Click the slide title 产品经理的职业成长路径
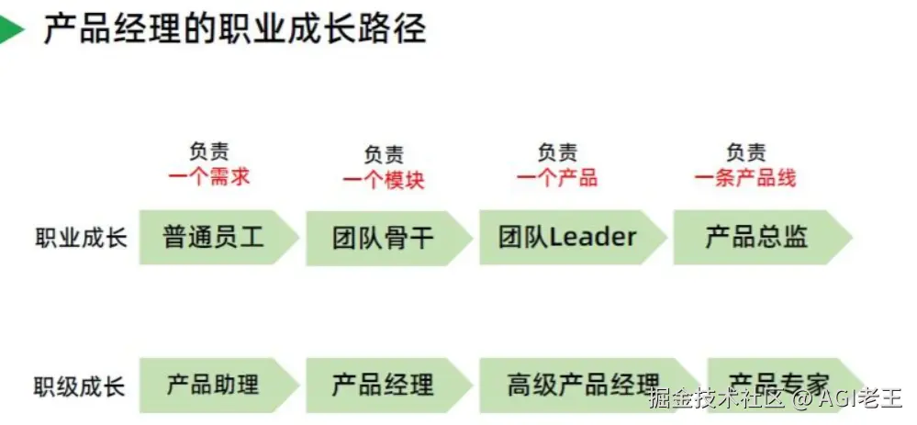(235, 29)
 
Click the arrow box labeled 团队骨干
(384, 239)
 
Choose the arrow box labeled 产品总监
(756, 237)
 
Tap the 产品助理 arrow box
(213, 384)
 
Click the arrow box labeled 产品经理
(384, 384)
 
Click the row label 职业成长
(81, 237)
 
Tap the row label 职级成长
(81, 385)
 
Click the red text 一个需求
(208, 177)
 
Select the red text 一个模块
(384, 180)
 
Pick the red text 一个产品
(557, 177)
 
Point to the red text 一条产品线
(745, 177)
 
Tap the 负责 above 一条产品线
(745, 152)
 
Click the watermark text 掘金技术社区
(716, 398)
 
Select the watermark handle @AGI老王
(848, 398)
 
